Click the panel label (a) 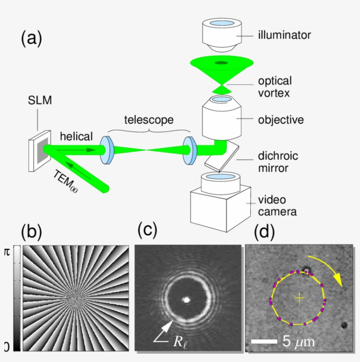click(x=31, y=39)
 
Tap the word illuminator click(x=284, y=35)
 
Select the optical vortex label click(x=275, y=87)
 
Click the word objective click(x=281, y=119)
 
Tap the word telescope click(x=148, y=119)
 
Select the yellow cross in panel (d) click(x=299, y=298)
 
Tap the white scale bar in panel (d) click(x=263, y=341)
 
